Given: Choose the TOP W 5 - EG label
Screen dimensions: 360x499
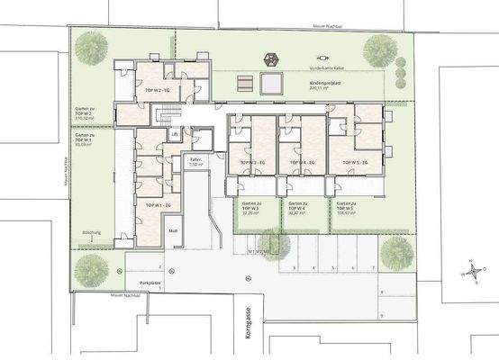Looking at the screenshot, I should click(x=353, y=162).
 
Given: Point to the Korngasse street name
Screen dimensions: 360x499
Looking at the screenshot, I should click(x=248, y=316).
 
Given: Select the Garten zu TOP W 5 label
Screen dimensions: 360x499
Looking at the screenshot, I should click(x=345, y=210).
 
